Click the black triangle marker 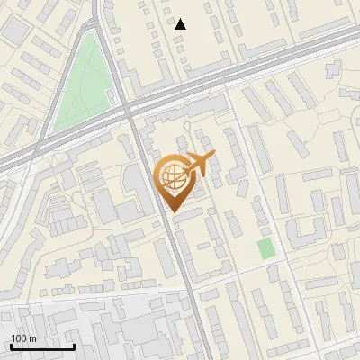pyautogui.click(x=181, y=24)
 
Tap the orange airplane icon pyautogui.click(x=200, y=164)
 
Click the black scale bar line pyautogui.click(x=42, y=346)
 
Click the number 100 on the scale pyautogui.click(x=19, y=337)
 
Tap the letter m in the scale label pyautogui.click(x=33, y=337)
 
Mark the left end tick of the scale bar pyautogui.click(x=11, y=345)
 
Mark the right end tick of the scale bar pyautogui.click(x=74, y=345)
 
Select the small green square pyautogui.click(x=265, y=248)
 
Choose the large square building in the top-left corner pyautogui.click(x=15, y=29)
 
